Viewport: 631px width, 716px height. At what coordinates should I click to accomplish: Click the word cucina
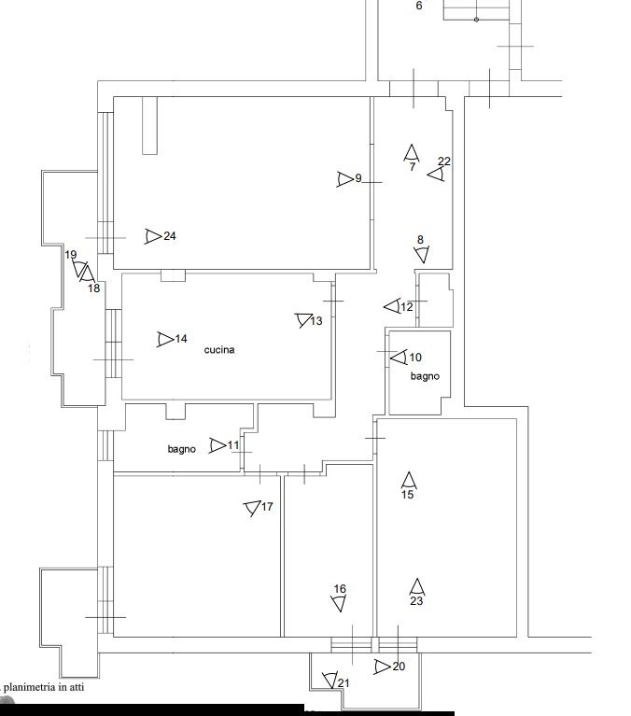click(219, 350)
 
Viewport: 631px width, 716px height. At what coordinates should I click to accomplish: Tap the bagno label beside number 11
click(182, 449)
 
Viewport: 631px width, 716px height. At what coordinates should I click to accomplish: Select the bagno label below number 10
click(425, 376)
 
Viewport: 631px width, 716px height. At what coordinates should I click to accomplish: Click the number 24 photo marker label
click(170, 236)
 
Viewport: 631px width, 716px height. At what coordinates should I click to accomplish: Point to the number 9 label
click(358, 178)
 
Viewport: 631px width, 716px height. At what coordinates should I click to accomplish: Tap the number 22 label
click(444, 161)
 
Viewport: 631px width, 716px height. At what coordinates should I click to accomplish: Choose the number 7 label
click(413, 167)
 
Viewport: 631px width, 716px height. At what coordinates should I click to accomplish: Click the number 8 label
click(421, 240)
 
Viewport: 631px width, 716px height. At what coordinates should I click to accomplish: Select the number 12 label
click(407, 307)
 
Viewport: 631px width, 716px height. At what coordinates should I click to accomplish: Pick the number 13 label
click(316, 321)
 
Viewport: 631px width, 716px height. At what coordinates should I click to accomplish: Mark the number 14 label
click(181, 339)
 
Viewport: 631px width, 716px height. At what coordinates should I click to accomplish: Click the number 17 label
click(267, 506)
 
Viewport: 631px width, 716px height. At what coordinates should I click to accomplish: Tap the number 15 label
click(407, 495)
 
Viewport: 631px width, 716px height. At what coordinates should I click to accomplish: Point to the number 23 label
click(416, 601)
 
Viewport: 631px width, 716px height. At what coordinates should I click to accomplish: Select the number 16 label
click(340, 589)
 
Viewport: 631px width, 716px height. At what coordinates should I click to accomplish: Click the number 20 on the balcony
click(399, 667)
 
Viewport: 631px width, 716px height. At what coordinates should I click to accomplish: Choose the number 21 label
click(344, 683)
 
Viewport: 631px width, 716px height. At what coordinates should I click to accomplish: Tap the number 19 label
click(71, 255)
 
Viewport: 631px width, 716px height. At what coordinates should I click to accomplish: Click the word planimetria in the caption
click(30, 687)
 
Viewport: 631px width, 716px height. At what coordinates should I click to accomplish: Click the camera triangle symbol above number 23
click(417, 587)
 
